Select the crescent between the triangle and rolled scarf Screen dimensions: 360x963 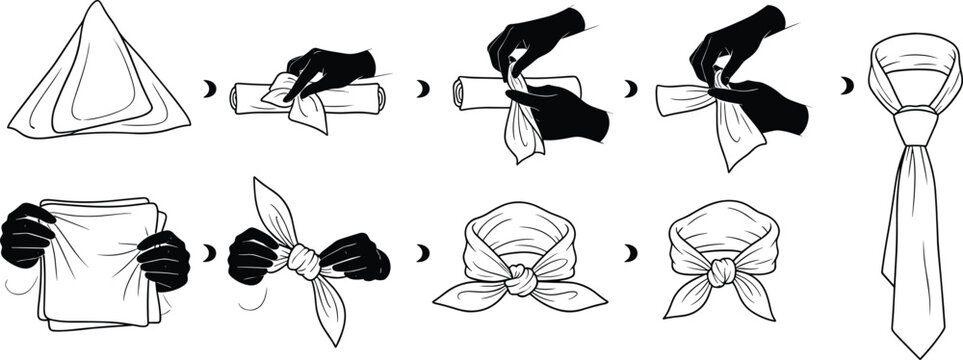click(x=210, y=89)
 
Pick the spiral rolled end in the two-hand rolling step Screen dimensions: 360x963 click(x=461, y=92)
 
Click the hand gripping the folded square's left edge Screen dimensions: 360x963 click(x=27, y=236)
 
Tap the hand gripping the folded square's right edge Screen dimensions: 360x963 click(x=164, y=259)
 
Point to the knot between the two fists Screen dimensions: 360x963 click(x=304, y=262)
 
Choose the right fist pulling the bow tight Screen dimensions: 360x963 click(x=354, y=258)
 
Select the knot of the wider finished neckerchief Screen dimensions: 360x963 click(x=521, y=281)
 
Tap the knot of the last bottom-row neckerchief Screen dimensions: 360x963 click(x=721, y=272)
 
